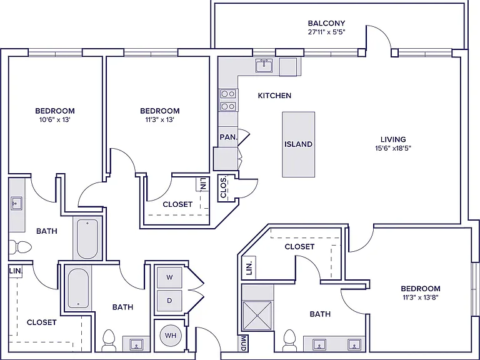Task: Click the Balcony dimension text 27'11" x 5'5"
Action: (x=327, y=32)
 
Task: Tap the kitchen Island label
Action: (x=299, y=144)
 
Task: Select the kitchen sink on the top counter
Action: (x=264, y=66)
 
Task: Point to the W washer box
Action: (x=169, y=277)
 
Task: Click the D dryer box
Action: (x=169, y=301)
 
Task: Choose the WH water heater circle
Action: (x=171, y=336)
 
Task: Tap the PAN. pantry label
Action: (x=229, y=137)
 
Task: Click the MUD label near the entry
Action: (x=243, y=343)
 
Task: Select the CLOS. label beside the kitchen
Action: (x=223, y=187)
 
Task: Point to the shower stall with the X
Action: (x=257, y=316)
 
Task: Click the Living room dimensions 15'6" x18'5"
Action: (x=393, y=149)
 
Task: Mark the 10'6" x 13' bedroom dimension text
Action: (x=55, y=120)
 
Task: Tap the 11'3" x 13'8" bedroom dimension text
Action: (x=421, y=297)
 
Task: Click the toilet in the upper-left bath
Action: (x=19, y=247)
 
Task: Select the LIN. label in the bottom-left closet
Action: (x=16, y=271)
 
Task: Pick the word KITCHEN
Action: (x=274, y=96)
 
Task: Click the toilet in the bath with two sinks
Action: (x=289, y=341)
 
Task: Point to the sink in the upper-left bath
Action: (x=16, y=203)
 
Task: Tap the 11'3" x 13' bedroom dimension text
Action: (x=160, y=120)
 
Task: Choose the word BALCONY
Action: (x=327, y=23)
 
